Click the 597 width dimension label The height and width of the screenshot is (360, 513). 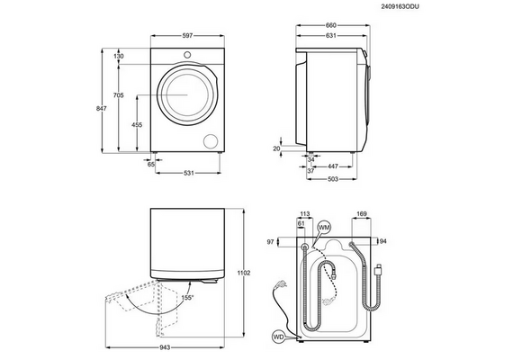click(x=187, y=36)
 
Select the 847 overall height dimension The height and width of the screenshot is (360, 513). click(x=101, y=108)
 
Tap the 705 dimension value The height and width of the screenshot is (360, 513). click(x=118, y=95)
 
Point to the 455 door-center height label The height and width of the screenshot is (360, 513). click(x=137, y=125)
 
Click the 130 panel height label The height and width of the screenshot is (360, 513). click(x=119, y=56)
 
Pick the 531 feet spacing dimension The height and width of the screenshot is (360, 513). click(x=188, y=173)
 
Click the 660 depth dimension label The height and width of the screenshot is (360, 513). click(x=331, y=25)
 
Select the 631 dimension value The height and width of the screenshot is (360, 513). click(x=331, y=36)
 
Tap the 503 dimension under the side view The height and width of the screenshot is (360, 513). click(x=333, y=179)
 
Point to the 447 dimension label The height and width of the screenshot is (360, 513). click(x=333, y=166)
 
